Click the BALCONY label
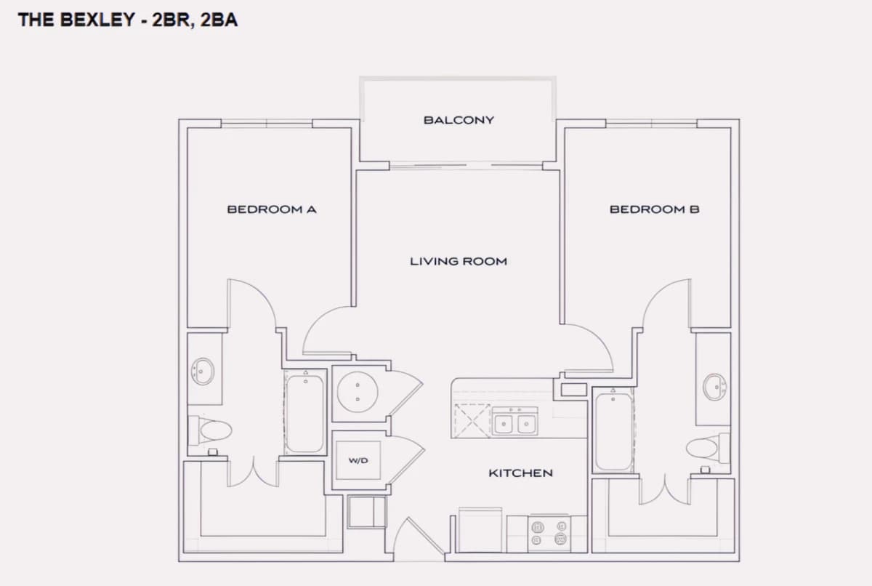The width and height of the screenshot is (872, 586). click(x=459, y=120)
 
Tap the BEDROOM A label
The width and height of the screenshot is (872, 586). click(x=272, y=209)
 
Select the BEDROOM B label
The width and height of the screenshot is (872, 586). click(x=655, y=209)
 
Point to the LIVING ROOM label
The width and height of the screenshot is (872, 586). click(x=459, y=261)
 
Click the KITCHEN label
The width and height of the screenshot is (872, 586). click(x=520, y=473)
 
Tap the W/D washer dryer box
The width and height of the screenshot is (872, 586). click(x=358, y=460)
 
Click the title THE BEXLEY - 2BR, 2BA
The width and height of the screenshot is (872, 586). click(x=128, y=20)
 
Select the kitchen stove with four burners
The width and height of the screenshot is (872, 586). click(x=549, y=534)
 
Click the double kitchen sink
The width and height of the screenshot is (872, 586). click(x=514, y=422)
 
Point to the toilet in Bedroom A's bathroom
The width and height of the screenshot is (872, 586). click(x=210, y=430)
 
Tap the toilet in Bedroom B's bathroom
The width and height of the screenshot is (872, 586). click(x=708, y=448)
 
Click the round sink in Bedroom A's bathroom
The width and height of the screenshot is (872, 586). click(x=203, y=372)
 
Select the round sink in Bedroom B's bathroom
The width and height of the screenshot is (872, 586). click(x=714, y=387)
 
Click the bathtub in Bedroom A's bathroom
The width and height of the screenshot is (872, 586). click(x=304, y=413)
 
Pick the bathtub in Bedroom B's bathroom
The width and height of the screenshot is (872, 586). click(x=613, y=430)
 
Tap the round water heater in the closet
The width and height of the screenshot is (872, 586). click(x=358, y=392)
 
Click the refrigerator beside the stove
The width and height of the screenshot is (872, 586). click(x=480, y=530)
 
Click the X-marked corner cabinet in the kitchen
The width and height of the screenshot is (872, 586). click(x=472, y=421)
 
